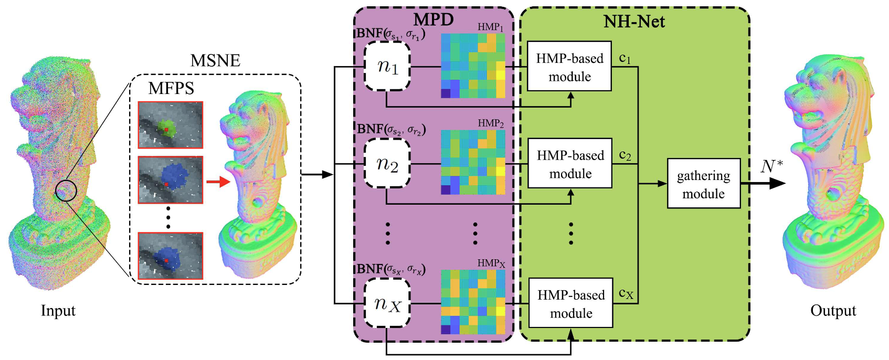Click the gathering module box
point(704,183)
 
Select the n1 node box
point(387,66)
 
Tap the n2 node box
point(387,163)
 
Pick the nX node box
point(387,303)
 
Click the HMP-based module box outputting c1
point(569,66)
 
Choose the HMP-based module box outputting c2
point(570,163)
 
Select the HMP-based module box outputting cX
point(570,303)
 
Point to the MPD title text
point(433,19)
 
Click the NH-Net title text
point(634,22)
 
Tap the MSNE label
point(215,60)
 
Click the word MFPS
point(171,88)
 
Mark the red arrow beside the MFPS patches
point(218,182)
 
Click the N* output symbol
point(771,167)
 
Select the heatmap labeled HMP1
point(473,66)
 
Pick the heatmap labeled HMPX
point(473,302)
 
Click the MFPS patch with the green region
point(171,125)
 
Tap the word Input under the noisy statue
point(58,310)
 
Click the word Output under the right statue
point(833,311)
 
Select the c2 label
point(625,155)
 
